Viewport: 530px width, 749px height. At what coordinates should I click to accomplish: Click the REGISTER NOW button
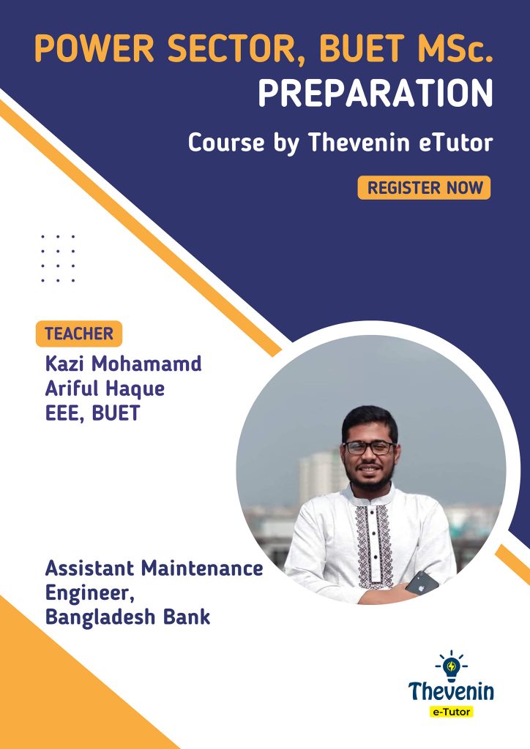pos(424,188)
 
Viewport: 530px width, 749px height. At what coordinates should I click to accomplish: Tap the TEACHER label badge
pos(79,334)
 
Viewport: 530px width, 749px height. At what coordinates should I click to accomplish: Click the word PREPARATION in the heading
pos(376,93)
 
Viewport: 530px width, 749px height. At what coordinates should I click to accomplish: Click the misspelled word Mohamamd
pos(146,364)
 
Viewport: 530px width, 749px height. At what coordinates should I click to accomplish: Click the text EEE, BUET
pos(93,413)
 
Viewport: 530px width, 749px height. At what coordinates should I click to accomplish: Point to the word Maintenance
pos(202,568)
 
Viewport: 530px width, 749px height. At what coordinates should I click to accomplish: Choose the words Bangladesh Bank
pos(127,617)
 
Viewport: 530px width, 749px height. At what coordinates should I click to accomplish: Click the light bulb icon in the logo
pos(451,666)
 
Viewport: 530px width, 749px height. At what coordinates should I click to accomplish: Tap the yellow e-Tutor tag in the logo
pos(451,712)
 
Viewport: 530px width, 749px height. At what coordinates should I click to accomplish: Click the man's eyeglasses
pos(370,448)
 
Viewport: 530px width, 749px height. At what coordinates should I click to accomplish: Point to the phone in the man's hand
pos(422,583)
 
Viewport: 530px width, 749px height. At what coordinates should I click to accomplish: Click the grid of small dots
pos(58,258)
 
